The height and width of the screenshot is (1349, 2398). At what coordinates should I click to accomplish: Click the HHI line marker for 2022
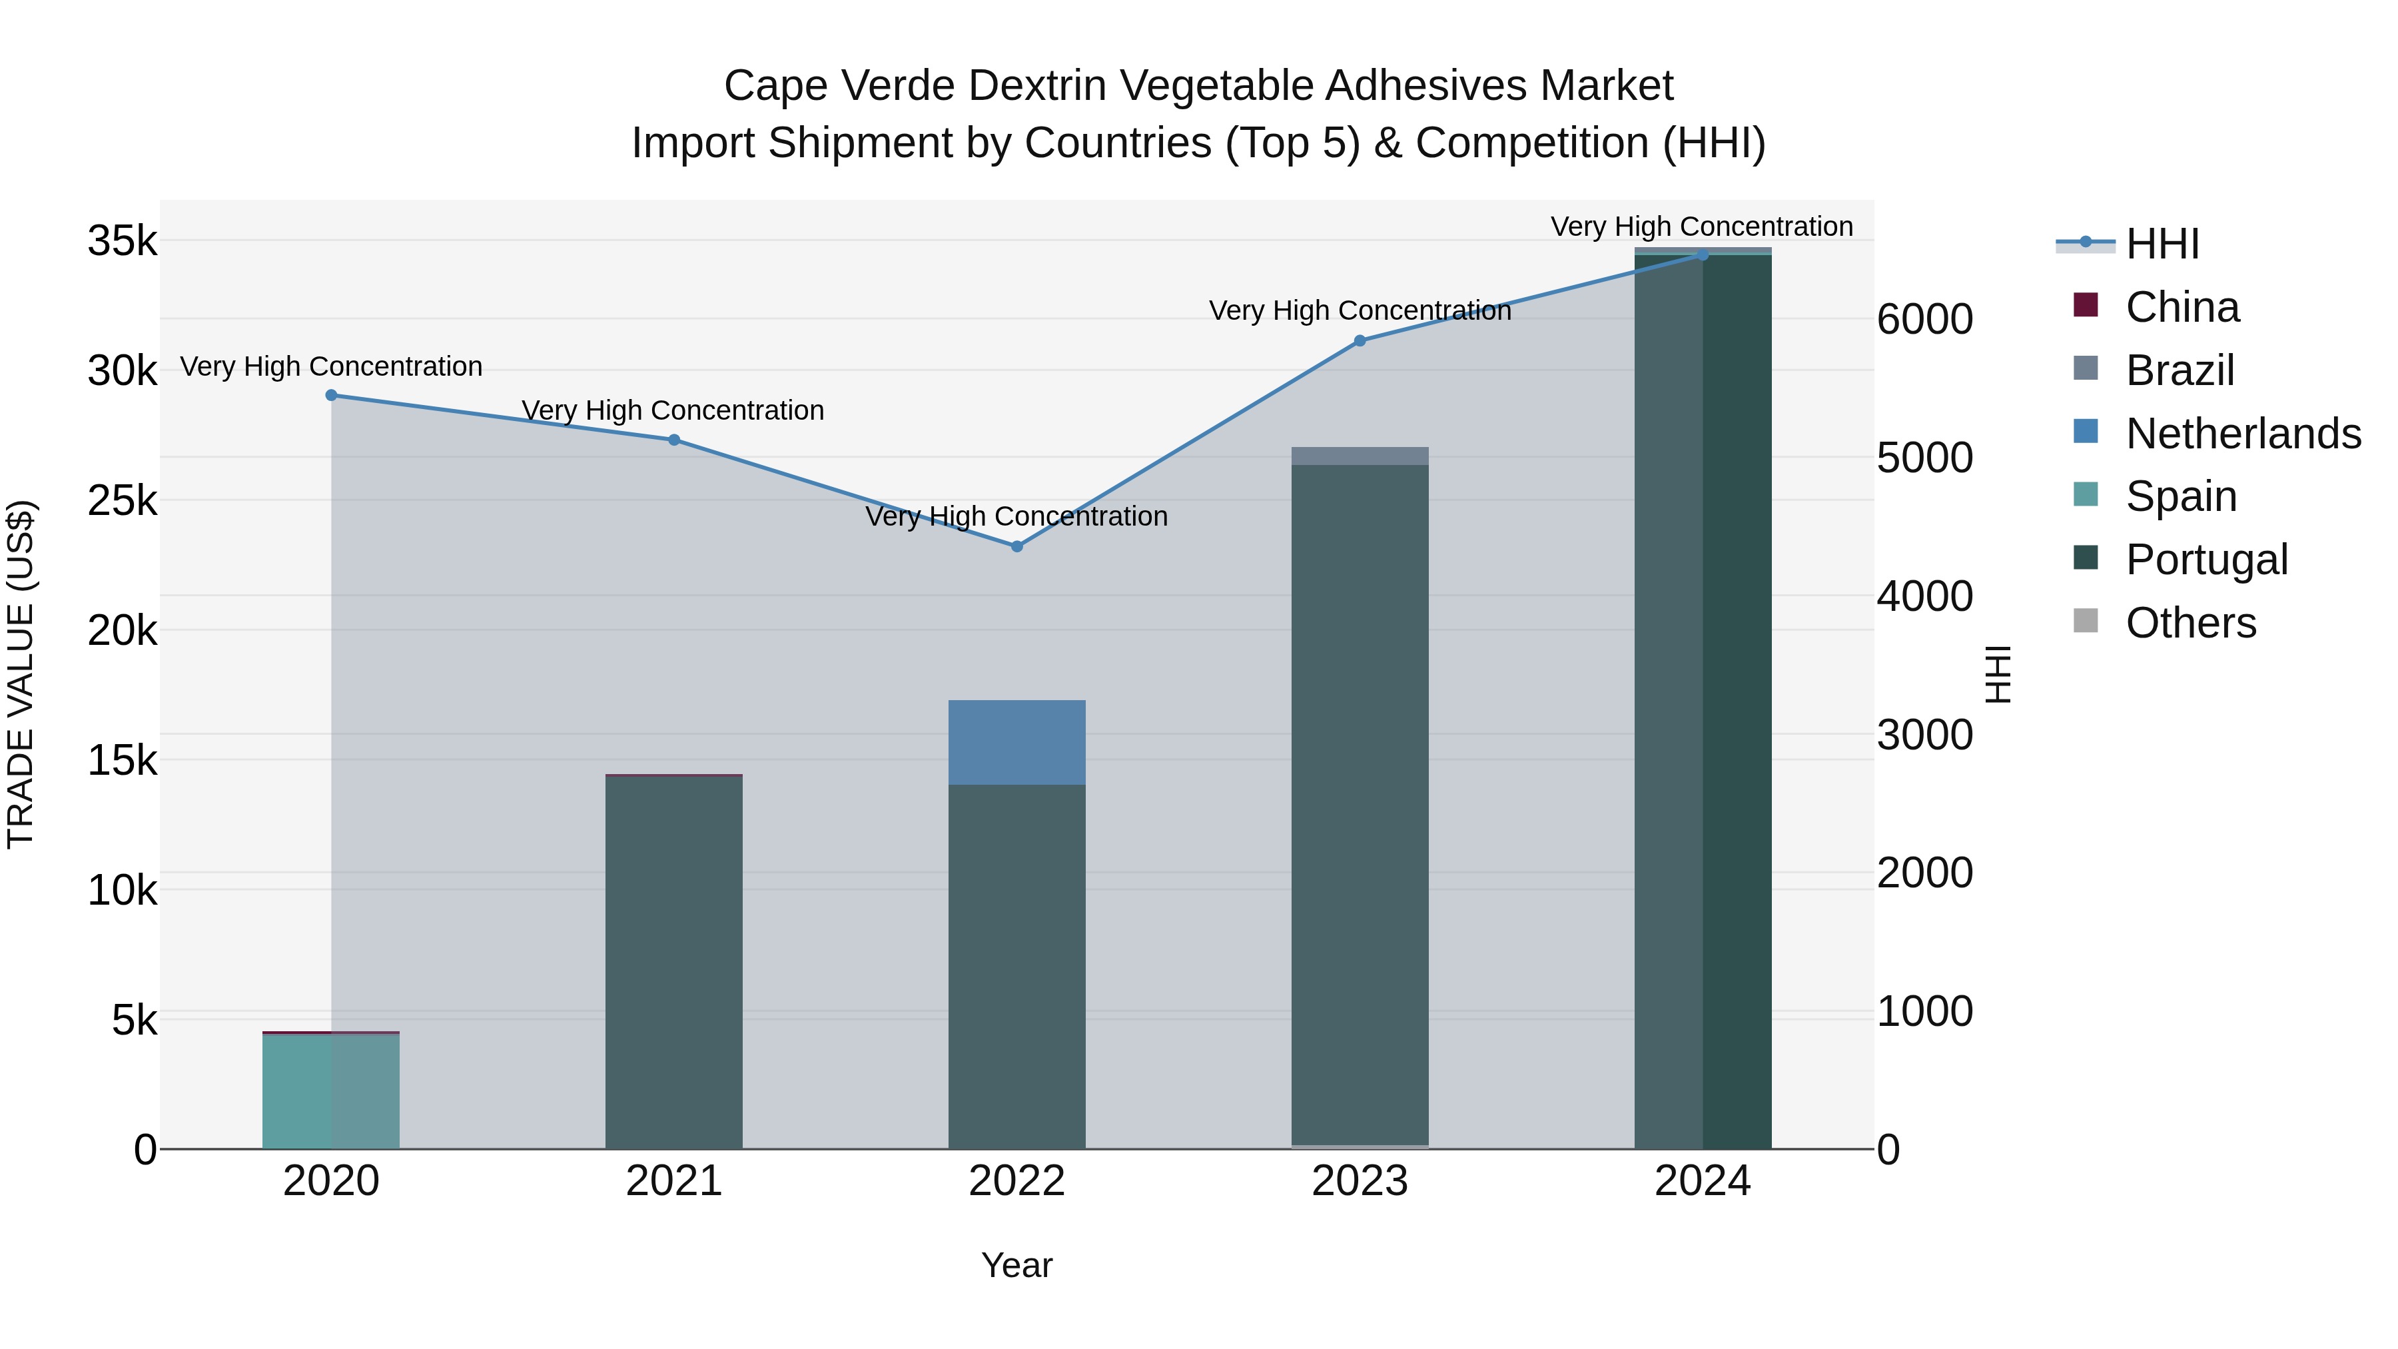coord(1016,546)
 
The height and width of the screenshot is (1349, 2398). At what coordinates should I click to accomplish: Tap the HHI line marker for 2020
coord(332,396)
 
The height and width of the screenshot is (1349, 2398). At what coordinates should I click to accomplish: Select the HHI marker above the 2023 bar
coord(1359,340)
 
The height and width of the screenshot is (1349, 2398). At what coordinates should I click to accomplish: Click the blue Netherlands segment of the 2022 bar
coord(1016,743)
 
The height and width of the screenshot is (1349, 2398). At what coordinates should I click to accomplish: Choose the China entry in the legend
coord(2181,307)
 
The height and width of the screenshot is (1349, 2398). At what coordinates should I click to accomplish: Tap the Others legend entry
coord(2190,623)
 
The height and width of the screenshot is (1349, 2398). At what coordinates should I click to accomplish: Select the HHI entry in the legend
coord(2162,244)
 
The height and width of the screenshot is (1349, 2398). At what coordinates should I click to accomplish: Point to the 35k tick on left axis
coord(123,241)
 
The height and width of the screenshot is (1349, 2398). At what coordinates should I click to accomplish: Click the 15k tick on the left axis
coord(123,761)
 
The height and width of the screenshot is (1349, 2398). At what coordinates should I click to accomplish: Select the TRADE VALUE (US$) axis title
coord(21,674)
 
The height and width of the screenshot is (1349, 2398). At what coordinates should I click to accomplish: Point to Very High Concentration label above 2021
coord(672,410)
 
